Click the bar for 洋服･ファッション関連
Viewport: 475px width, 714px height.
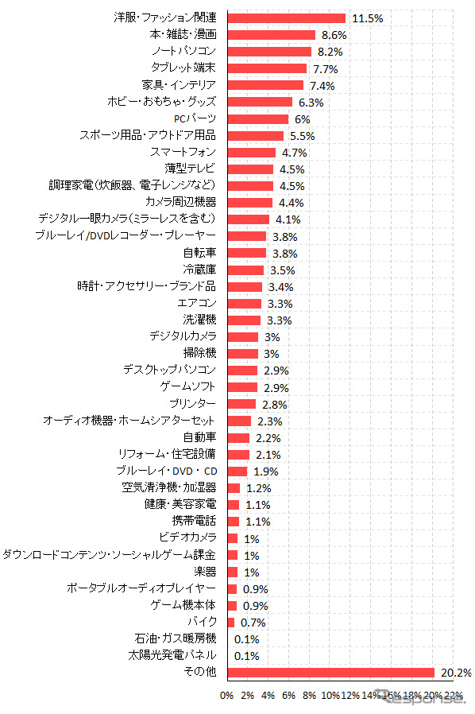286,18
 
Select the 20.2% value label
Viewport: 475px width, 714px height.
456,673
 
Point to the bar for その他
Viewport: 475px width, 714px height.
330,673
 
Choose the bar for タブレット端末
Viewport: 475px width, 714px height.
267,68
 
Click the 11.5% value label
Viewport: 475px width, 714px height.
367,18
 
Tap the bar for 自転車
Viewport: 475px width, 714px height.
246,253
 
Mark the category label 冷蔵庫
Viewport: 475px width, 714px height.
199,270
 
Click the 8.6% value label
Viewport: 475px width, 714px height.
334,35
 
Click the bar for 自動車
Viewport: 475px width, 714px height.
238,437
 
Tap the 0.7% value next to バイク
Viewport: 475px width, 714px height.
250,623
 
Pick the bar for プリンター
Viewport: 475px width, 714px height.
241,404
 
